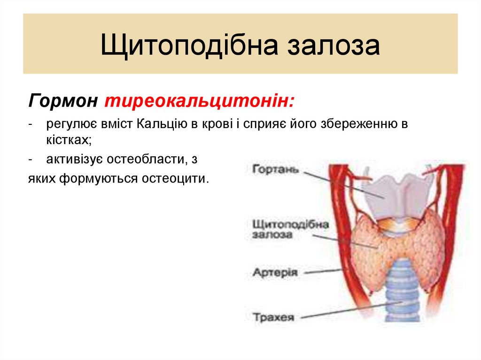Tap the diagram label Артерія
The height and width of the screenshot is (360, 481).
[275, 272]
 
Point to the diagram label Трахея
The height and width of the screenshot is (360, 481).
[273, 317]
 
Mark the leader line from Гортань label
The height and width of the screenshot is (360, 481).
[343, 183]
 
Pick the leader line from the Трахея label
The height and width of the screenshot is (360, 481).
[348, 311]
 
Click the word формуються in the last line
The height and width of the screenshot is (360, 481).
[100, 179]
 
